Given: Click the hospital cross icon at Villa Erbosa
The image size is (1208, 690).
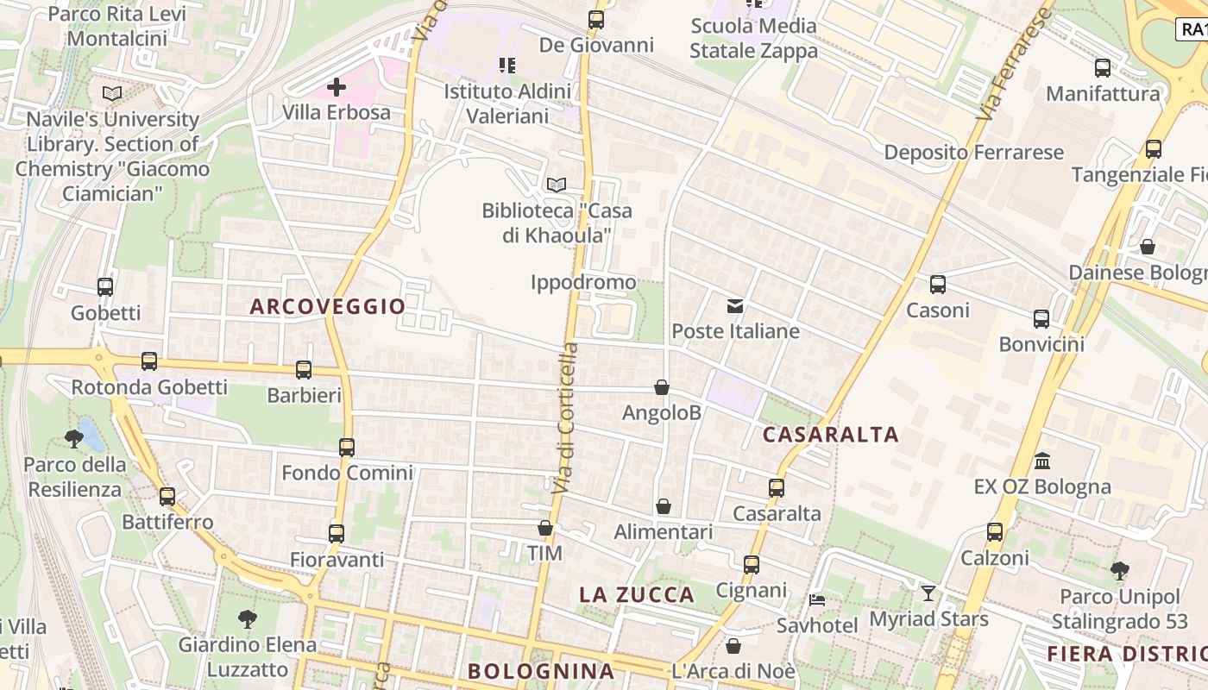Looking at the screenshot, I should tap(337, 86).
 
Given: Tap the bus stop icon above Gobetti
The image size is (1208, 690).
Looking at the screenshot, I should tap(105, 287).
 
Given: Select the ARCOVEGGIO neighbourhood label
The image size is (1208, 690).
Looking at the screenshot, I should tap(328, 306).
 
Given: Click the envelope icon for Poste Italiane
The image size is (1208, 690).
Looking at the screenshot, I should tap(735, 305).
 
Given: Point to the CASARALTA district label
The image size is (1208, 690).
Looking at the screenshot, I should tap(831, 435).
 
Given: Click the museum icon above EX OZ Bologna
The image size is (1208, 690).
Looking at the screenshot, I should tap(1042, 461).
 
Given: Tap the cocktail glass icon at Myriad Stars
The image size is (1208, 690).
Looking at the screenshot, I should tap(928, 593).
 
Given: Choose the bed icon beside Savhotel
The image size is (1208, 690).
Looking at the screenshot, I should tap(817, 600).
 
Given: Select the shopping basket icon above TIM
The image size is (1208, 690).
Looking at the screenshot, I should tap(544, 528).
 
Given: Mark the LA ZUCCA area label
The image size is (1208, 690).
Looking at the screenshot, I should tap(637, 594).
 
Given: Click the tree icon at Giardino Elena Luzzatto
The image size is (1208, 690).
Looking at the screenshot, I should tap(248, 618).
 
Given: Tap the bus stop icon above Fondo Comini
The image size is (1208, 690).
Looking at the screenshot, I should tap(347, 448).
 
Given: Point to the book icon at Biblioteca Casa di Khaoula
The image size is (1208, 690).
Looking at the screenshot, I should tap(557, 185).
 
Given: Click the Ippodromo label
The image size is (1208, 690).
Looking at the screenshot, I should tap(583, 282).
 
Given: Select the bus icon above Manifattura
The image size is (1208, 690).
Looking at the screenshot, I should tap(1103, 68).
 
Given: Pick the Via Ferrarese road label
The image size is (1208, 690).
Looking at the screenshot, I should tap(1016, 65).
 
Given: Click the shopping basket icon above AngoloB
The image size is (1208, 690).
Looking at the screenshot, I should tap(662, 387).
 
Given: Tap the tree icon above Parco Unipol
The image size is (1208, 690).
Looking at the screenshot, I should tap(1119, 570).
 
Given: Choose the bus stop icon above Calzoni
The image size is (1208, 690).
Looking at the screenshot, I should tap(995, 532).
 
